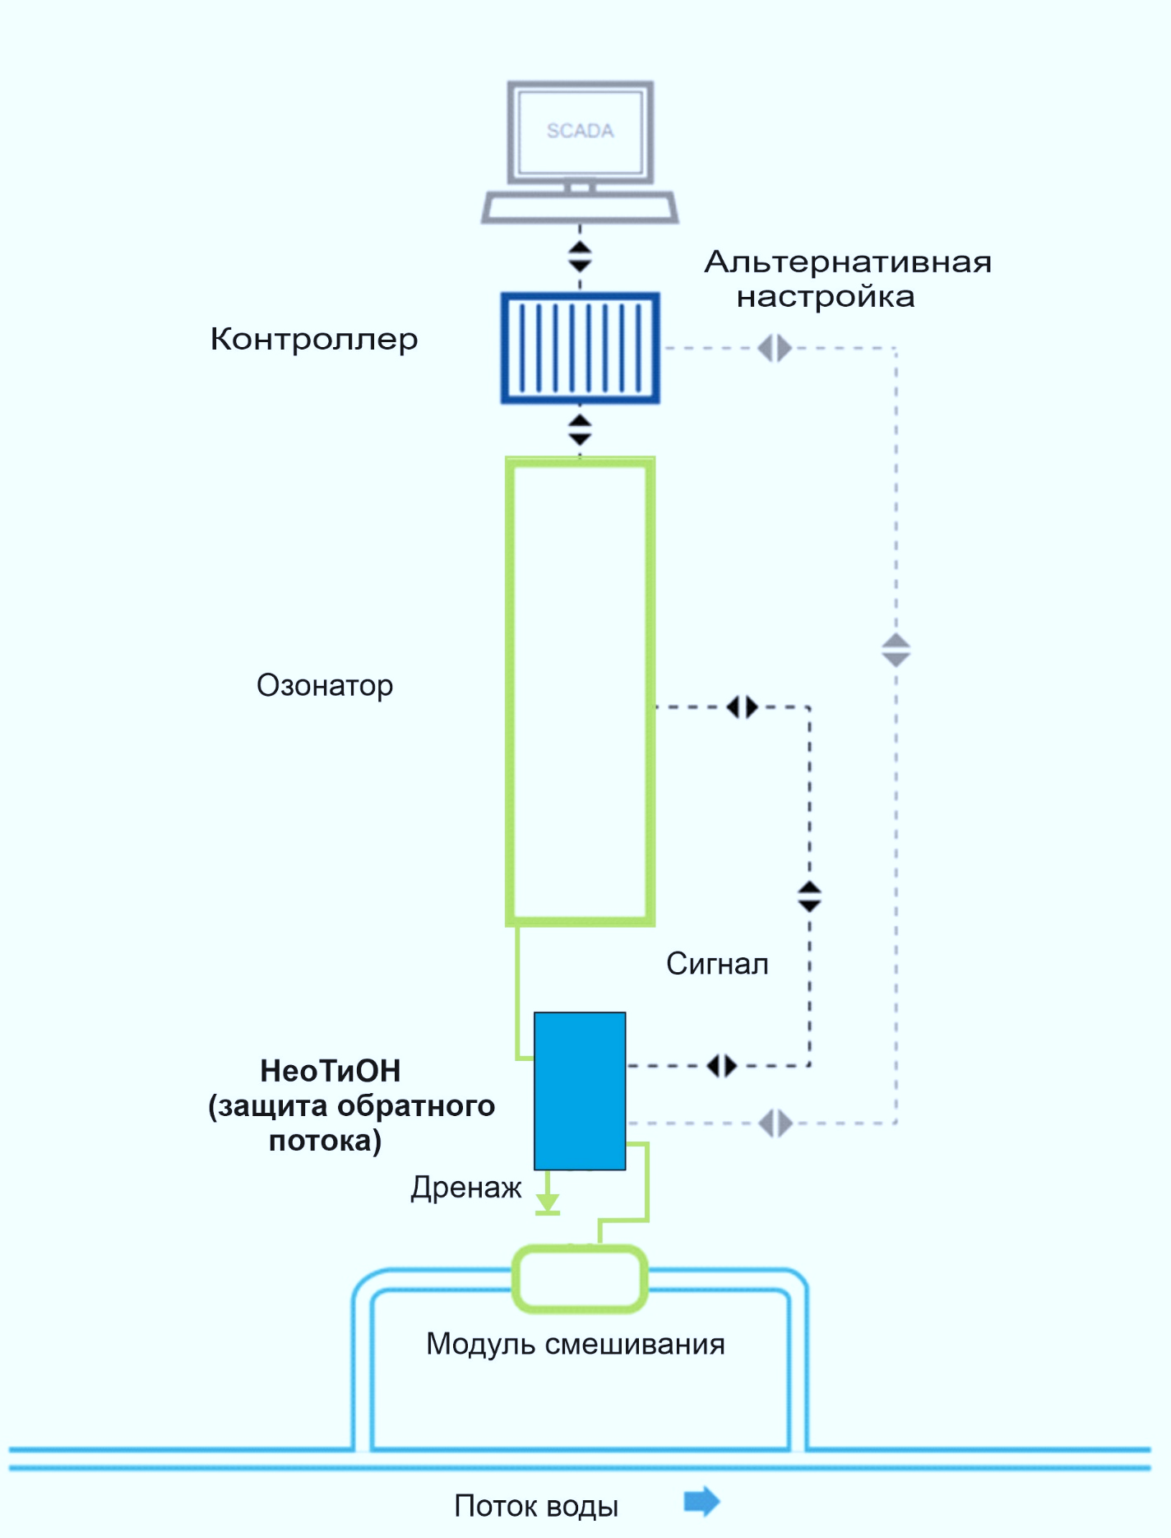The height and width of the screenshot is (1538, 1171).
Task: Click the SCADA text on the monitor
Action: click(580, 131)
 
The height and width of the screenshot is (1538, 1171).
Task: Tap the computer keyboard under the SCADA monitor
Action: click(580, 207)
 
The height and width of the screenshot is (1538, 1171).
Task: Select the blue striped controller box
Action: click(580, 348)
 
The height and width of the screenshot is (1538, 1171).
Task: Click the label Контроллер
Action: click(314, 339)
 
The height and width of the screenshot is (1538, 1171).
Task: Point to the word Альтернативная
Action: click(848, 262)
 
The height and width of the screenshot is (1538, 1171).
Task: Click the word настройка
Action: click(826, 297)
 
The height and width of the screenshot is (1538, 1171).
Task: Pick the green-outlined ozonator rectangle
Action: click(580, 691)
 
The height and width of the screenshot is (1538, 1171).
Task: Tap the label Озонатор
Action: click(325, 685)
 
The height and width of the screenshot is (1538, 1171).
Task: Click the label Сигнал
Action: click(717, 964)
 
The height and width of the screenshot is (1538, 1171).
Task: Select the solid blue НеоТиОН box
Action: click(580, 1091)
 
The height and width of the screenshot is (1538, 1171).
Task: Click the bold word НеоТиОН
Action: click(331, 1071)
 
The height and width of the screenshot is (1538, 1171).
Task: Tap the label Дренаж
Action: click(466, 1188)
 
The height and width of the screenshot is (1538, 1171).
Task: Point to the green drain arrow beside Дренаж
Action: click(548, 1201)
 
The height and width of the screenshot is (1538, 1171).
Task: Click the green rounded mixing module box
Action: click(580, 1279)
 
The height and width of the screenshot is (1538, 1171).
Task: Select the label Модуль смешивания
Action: click(576, 1344)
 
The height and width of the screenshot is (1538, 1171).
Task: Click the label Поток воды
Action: click(536, 1506)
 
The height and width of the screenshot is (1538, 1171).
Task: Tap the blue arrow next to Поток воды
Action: click(701, 1502)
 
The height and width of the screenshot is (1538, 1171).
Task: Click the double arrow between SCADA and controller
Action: click(580, 257)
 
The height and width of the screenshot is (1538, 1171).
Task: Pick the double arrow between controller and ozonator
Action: click(580, 430)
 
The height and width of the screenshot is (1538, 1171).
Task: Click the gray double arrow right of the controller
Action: click(775, 348)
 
